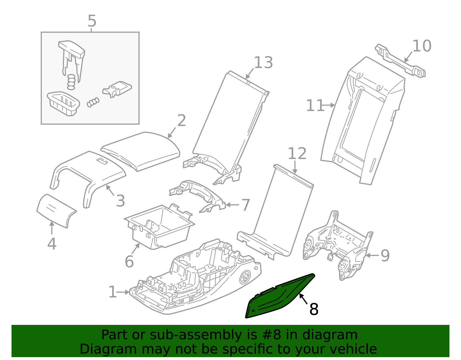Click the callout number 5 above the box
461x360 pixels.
tap(92, 21)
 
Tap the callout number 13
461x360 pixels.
tap(263, 63)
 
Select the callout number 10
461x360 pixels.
tap(422, 46)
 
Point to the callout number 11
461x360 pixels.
tap(315, 106)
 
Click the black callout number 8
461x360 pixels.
tap(314, 309)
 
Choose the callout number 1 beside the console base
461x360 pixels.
tap(113, 292)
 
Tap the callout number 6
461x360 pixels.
tap(129, 262)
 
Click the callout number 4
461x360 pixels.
tap(52, 244)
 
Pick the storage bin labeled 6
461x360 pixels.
tap(160, 228)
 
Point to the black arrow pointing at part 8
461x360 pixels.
tap(303, 299)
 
